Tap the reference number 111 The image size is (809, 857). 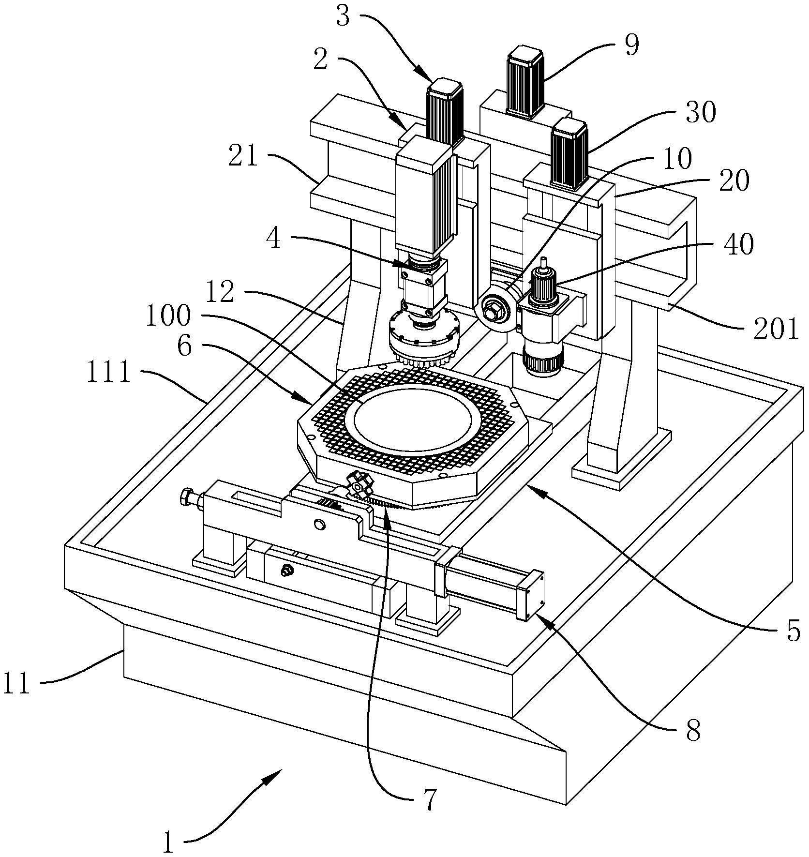[109, 374]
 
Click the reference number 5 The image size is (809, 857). [793, 630]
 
